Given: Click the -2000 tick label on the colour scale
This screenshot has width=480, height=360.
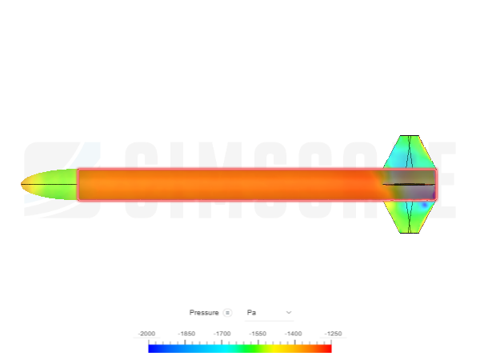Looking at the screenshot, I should [147, 333].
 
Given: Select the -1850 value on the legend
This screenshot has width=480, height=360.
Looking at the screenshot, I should [186, 333].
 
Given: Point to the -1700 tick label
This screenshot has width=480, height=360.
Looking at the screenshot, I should [222, 333].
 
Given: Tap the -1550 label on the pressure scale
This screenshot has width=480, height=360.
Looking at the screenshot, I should [258, 333].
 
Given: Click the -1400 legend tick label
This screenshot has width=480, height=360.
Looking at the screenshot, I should [294, 333].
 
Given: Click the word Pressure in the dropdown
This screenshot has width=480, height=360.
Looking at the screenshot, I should [204, 312].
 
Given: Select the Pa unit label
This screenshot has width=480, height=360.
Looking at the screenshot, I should [252, 312].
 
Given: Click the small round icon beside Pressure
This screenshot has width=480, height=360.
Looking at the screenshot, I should [227, 312].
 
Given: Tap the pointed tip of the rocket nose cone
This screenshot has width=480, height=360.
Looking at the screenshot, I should [22, 186].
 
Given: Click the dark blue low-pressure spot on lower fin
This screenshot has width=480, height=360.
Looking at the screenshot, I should [423, 206].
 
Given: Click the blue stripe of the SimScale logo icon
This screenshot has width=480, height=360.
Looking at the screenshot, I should [90, 156].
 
